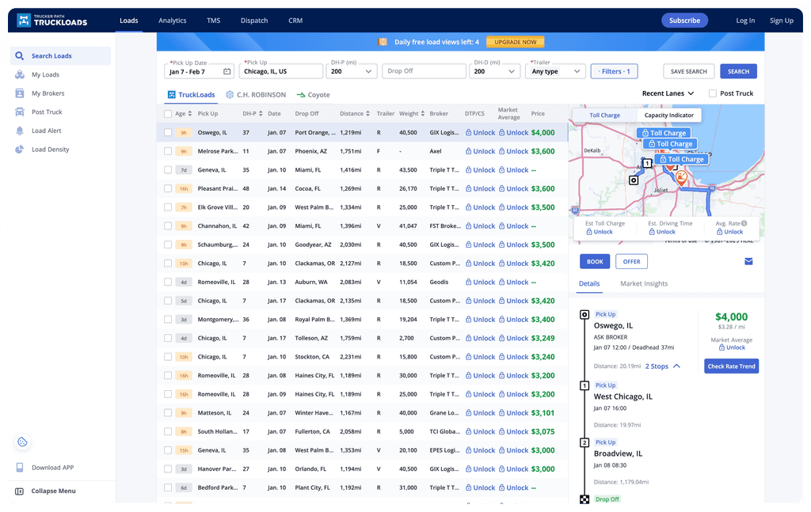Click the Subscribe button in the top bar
(x=684, y=21)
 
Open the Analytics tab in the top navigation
(x=172, y=21)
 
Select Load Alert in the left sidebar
(x=46, y=131)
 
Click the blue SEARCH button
(x=738, y=71)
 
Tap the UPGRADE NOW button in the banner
(x=516, y=42)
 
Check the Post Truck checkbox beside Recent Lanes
(x=713, y=93)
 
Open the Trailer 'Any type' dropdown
(x=554, y=71)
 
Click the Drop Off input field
(x=424, y=71)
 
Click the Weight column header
(x=409, y=114)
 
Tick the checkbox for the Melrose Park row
(x=168, y=151)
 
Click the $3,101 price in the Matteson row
(x=543, y=413)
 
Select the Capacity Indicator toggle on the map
(x=668, y=116)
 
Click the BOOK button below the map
(x=594, y=261)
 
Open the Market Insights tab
(x=644, y=283)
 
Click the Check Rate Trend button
(x=731, y=366)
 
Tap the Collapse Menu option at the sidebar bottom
(x=53, y=491)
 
